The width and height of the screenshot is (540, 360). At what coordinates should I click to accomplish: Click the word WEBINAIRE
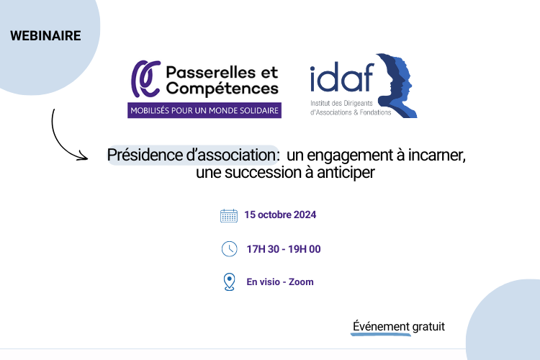(x=45, y=36)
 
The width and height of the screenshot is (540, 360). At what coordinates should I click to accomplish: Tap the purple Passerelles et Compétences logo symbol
(x=145, y=79)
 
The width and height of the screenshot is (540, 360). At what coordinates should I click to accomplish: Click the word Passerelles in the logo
(x=211, y=73)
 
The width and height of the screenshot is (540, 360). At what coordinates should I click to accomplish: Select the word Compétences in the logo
(x=222, y=89)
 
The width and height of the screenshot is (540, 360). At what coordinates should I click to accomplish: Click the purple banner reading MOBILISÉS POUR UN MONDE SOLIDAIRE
(x=204, y=111)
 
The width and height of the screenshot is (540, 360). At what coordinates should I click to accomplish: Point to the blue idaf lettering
(x=342, y=77)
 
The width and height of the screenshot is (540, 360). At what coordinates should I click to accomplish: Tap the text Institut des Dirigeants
(x=341, y=103)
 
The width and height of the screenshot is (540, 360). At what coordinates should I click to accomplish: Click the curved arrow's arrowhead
(x=83, y=156)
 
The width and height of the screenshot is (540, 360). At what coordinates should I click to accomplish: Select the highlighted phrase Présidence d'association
(x=192, y=155)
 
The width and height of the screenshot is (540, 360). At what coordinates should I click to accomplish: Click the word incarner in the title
(x=437, y=155)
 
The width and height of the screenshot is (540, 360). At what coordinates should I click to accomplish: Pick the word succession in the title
(x=264, y=172)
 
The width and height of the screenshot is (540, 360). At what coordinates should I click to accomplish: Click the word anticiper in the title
(x=346, y=173)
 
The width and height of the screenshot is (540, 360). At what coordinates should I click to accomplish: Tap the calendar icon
(x=229, y=216)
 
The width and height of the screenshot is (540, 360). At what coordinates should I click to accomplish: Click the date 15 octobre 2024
(x=280, y=215)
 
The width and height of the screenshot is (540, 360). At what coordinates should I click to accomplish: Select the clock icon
(x=230, y=248)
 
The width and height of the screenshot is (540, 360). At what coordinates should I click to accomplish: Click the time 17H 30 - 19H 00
(x=284, y=249)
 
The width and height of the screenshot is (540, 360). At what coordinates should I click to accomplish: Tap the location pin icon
(x=230, y=282)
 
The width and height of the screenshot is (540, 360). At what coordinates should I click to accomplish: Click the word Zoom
(x=301, y=282)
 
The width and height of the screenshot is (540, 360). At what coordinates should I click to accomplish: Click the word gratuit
(x=428, y=326)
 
